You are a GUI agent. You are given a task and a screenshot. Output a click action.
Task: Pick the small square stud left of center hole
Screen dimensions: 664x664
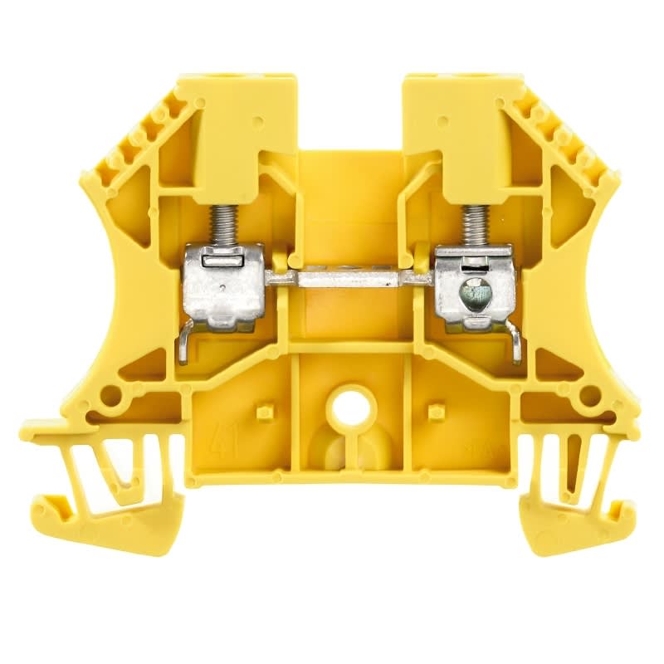pyautogui.click(x=265, y=412)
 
